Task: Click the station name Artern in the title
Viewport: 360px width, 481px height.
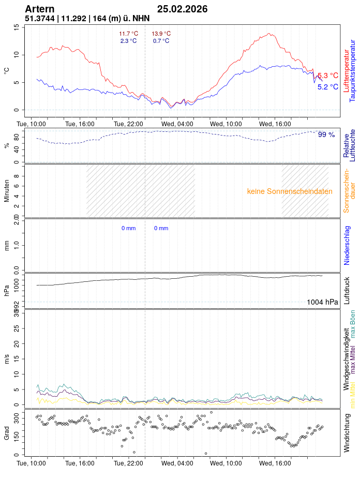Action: pos(39,9)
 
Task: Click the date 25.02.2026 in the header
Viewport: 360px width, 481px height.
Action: pos(182,9)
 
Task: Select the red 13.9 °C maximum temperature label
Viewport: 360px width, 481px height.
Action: pos(161,34)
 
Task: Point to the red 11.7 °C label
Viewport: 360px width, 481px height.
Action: pos(129,34)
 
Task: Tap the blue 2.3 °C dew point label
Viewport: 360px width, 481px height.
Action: pos(129,41)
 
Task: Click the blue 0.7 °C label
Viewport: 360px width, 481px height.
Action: pos(161,41)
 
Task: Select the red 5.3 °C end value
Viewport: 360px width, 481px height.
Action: pos(328,76)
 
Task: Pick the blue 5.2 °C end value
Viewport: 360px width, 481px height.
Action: pos(328,87)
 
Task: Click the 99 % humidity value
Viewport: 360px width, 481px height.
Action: pos(326,134)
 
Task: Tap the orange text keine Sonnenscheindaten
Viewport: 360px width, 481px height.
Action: pos(290,191)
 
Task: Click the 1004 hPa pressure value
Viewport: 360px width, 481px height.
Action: pos(322,302)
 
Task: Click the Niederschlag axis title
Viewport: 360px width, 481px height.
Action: pos(347,245)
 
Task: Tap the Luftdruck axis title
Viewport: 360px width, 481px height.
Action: pos(347,291)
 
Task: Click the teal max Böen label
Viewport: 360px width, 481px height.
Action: pos(353,324)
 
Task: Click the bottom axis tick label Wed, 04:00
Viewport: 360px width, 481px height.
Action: pos(177,464)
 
